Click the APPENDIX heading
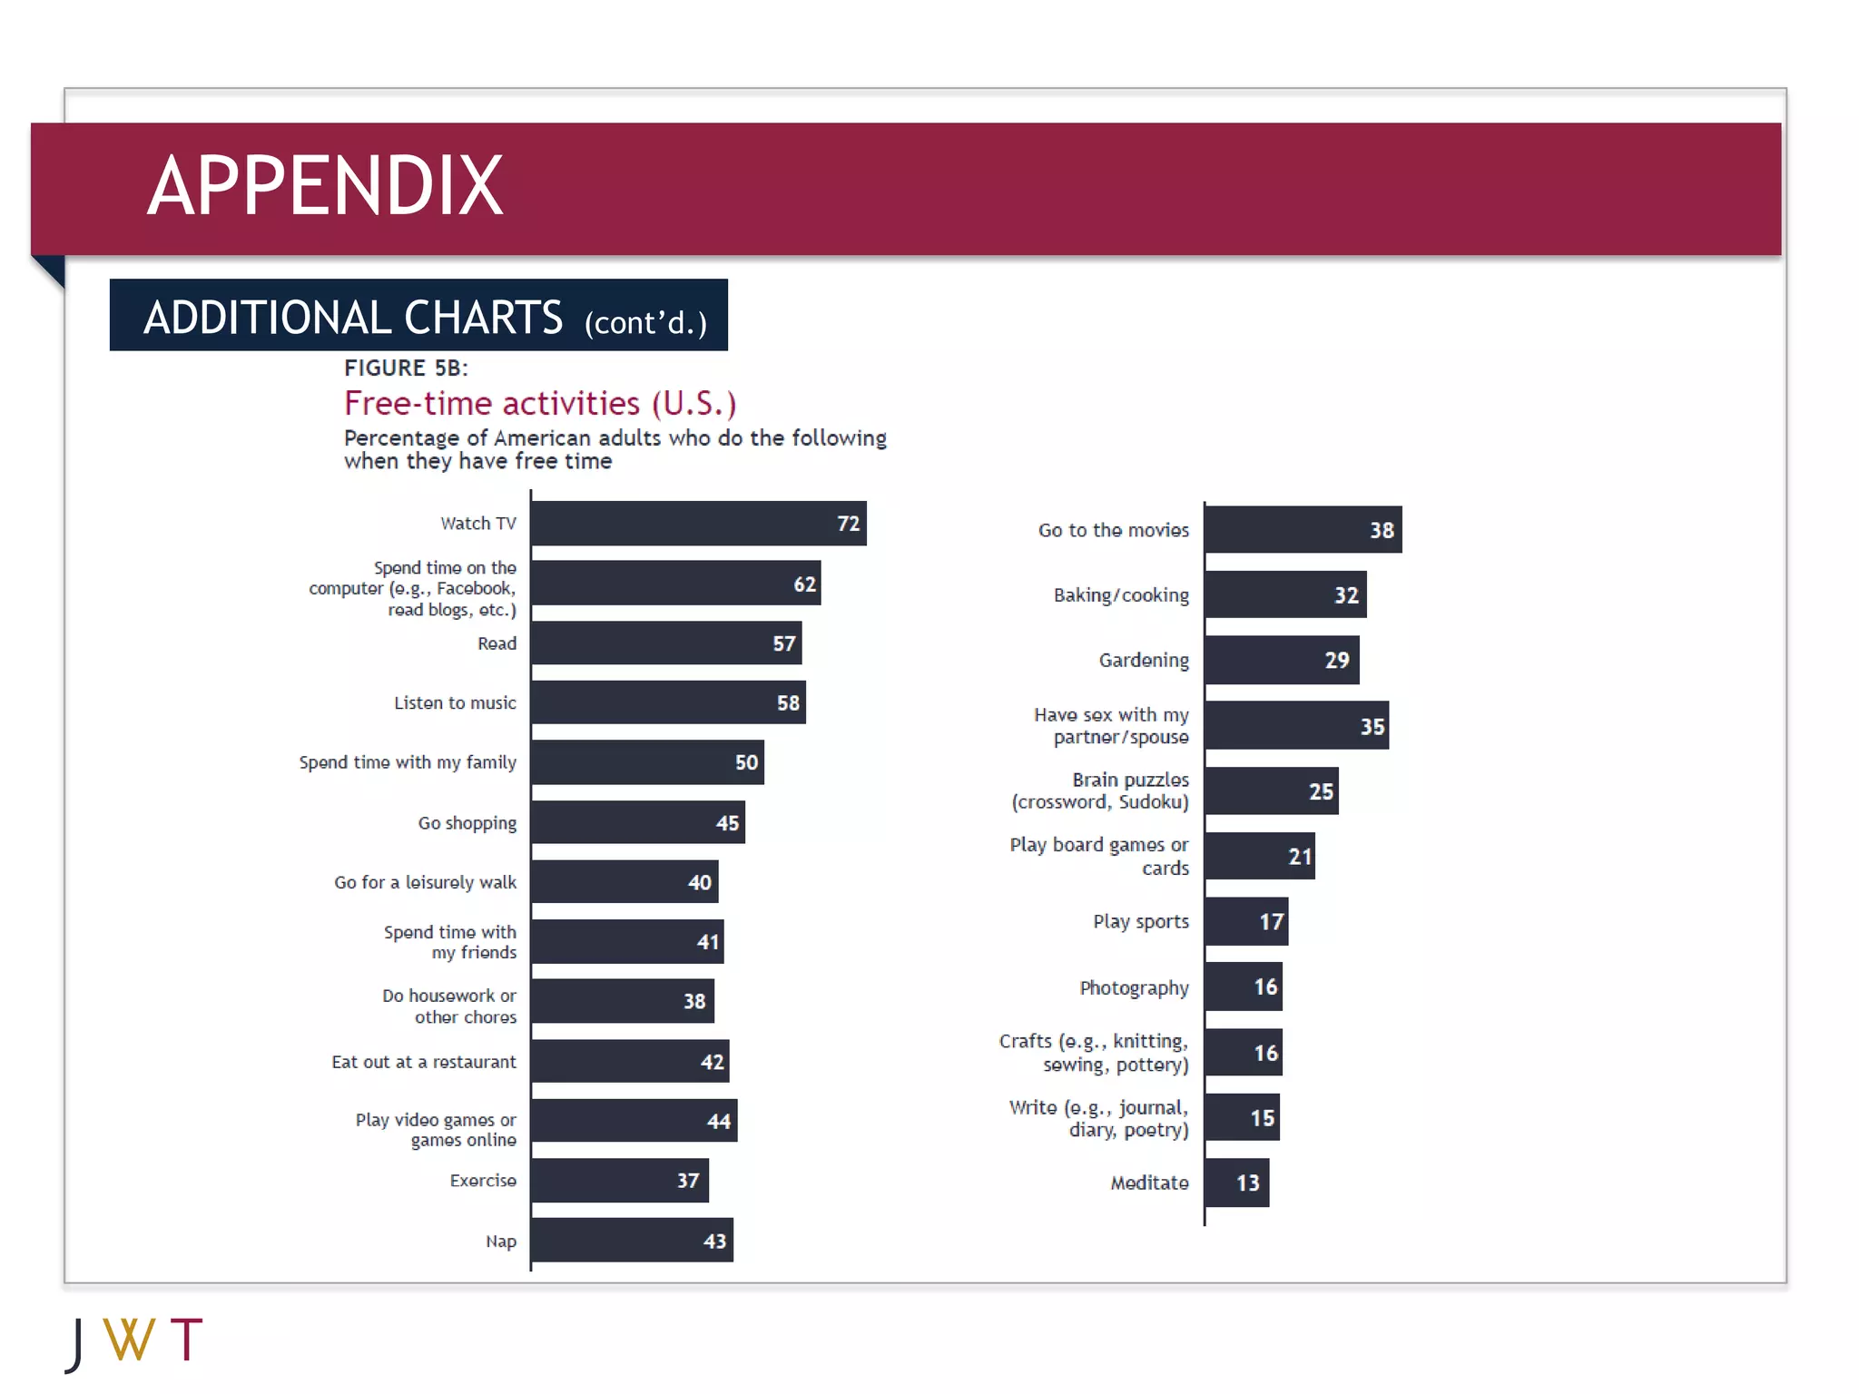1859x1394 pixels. (x=325, y=186)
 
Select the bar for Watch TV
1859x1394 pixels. (x=697, y=524)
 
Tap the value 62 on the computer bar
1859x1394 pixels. (x=804, y=584)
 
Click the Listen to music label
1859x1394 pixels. (x=455, y=703)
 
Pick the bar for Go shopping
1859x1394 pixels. (x=637, y=823)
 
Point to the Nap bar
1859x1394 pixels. (x=631, y=1241)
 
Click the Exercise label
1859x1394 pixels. (x=483, y=1181)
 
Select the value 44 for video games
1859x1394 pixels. (x=719, y=1122)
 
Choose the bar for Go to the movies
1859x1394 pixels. (x=1303, y=530)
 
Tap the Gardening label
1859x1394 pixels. (x=1143, y=661)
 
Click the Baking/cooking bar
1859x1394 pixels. (x=1285, y=595)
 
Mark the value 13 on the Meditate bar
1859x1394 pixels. (x=1248, y=1183)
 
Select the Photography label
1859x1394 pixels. (x=1134, y=987)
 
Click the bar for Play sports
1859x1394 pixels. (x=1246, y=922)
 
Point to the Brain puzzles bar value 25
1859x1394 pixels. (x=1321, y=791)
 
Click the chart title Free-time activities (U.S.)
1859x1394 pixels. (x=539, y=403)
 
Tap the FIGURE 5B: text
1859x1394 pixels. (x=406, y=368)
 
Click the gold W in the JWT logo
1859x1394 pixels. (x=129, y=1340)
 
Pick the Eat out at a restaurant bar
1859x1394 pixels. (x=630, y=1062)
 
